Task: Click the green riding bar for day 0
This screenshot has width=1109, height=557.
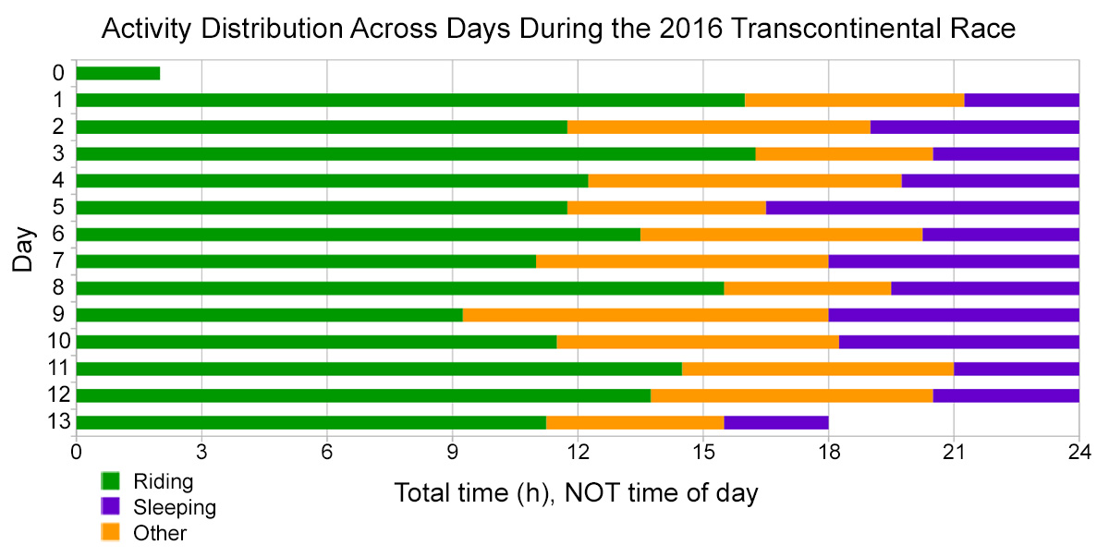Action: [x=118, y=73]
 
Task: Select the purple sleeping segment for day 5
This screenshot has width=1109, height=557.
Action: [x=922, y=208]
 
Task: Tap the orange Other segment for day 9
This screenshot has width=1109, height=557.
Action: [x=646, y=315]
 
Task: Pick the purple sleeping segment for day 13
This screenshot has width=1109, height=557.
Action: [x=776, y=422]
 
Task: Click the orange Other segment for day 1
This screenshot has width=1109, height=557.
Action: [x=855, y=100]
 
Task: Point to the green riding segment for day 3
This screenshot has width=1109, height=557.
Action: [x=416, y=154]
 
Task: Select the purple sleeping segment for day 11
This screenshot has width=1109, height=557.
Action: [x=1017, y=369]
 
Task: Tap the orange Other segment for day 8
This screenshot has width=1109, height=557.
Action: [x=808, y=288]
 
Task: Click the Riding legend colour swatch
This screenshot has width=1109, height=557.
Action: [x=110, y=481]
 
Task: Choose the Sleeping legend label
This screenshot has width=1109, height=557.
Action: [x=175, y=507]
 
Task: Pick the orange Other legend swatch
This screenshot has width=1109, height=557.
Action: [x=110, y=532]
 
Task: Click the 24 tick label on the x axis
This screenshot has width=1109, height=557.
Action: [x=1079, y=452]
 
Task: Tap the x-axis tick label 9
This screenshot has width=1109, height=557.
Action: [x=453, y=452]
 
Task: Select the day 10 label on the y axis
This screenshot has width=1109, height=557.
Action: [x=59, y=342]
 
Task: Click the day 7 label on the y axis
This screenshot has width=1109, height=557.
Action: [x=59, y=260]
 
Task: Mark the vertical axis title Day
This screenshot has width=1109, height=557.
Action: [x=23, y=249]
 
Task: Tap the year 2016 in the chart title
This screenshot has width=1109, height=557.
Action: [x=691, y=29]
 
